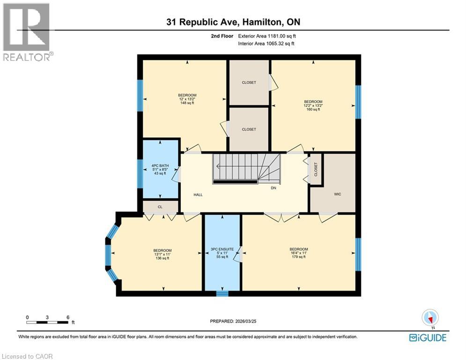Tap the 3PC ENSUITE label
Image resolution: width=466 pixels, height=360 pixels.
coord(222,249)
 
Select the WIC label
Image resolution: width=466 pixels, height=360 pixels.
coord(338,194)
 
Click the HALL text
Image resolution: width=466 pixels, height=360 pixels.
coord(198,195)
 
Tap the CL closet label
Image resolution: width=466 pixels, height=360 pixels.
coord(160,207)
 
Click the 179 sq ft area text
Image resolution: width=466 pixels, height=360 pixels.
coord(299,257)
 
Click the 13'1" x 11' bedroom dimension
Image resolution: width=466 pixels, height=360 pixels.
coord(163,254)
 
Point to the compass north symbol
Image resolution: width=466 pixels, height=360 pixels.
coord(429,318)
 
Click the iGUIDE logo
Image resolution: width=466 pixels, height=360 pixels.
coord(428,337)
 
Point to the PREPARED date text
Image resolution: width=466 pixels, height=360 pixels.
coord(233,321)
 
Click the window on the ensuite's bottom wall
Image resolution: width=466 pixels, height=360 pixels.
coord(222,294)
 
